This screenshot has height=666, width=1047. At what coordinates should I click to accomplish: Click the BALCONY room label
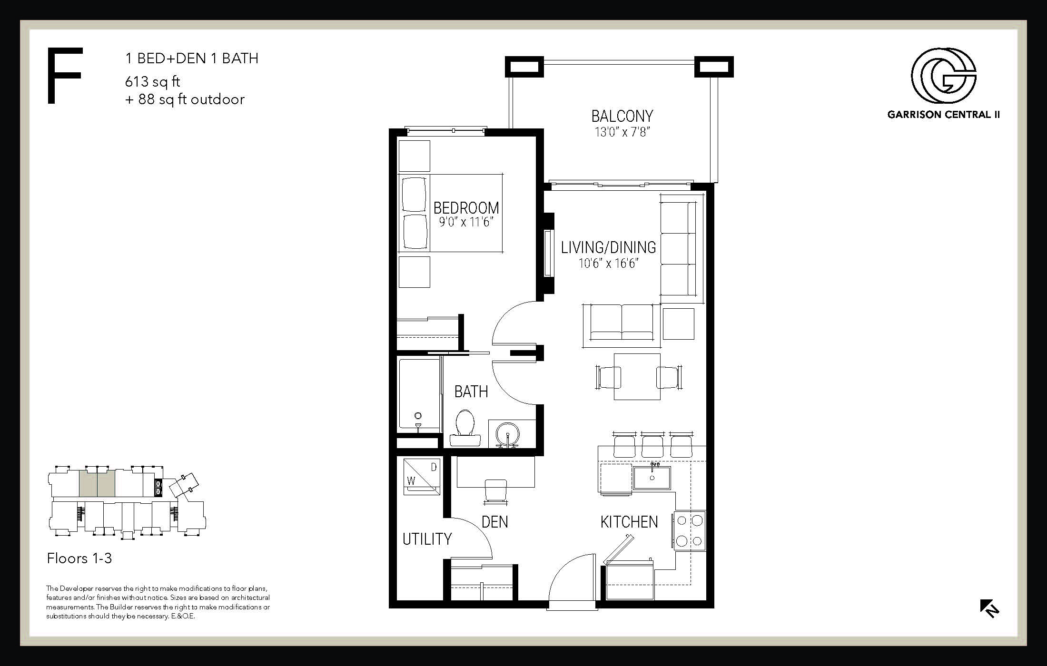(622, 116)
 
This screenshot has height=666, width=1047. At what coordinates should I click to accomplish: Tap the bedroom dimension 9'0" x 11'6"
(464, 222)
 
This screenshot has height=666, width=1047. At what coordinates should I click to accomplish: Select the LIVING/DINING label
(608, 247)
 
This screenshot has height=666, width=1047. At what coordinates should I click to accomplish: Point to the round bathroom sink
(508, 434)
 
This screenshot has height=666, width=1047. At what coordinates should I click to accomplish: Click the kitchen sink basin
(652, 478)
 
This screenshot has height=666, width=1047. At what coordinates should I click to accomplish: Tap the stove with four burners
(689, 531)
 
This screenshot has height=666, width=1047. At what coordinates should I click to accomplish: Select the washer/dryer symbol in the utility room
(422, 477)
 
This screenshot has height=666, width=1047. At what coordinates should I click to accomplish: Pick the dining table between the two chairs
(637, 377)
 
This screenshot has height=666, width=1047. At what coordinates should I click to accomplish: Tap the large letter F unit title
(65, 75)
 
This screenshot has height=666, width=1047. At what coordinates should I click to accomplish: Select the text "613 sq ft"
(152, 82)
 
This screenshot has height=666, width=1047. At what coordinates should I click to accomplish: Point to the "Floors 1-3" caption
(79, 558)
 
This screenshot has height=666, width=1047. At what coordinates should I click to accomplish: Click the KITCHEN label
(629, 522)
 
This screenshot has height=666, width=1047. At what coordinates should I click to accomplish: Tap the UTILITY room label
(427, 539)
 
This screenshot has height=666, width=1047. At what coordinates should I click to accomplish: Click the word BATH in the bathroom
(471, 392)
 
